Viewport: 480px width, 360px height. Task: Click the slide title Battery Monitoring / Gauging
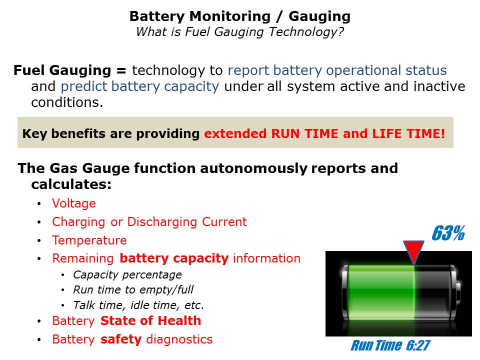point(240,16)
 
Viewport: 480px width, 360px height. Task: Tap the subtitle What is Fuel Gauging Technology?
point(240,32)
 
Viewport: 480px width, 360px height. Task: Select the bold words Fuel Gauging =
point(70,70)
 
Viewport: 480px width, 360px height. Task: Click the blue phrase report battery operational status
point(337,70)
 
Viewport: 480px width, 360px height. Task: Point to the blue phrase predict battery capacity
point(140,86)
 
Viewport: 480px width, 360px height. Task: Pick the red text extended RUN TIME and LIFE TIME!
point(324,134)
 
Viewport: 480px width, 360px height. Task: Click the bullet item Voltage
point(74,203)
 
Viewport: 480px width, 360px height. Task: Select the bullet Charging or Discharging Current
point(149,222)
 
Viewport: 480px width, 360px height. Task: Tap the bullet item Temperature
point(89,240)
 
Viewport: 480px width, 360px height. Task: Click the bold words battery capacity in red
point(174,258)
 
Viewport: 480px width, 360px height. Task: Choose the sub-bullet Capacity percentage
point(127,275)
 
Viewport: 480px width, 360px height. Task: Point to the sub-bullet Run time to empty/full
point(133,289)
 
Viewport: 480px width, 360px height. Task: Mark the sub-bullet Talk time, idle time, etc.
point(138,305)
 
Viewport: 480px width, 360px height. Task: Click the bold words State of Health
point(150,321)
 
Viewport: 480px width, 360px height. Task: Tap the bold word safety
point(121,339)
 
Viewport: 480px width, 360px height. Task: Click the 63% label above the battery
point(448,233)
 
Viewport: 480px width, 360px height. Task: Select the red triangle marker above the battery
point(413,251)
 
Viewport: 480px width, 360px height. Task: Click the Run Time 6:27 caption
point(390,345)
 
